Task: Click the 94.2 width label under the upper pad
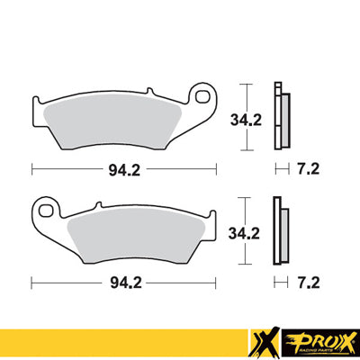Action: pyautogui.click(x=121, y=167)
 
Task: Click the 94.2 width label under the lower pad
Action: pyautogui.click(x=121, y=282)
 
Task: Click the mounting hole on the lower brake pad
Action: pyautogui.click(x=47, y=212)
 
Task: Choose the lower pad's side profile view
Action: pyautogui.click(x=281, y=231)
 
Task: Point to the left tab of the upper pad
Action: pyautogui.click(x=40, y=105)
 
